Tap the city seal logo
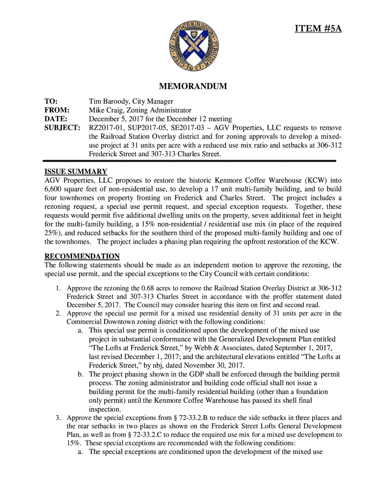pos(189,46)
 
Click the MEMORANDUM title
pos(189,86)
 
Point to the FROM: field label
pos(57,111)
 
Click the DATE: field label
pos(55,119)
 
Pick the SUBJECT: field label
pos(62,128)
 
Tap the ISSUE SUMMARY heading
pos(76,171)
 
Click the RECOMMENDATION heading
pos(82,256)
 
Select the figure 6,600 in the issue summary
pos(54,189)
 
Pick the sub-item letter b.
pos(80,374)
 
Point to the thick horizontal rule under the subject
pos(189,161)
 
